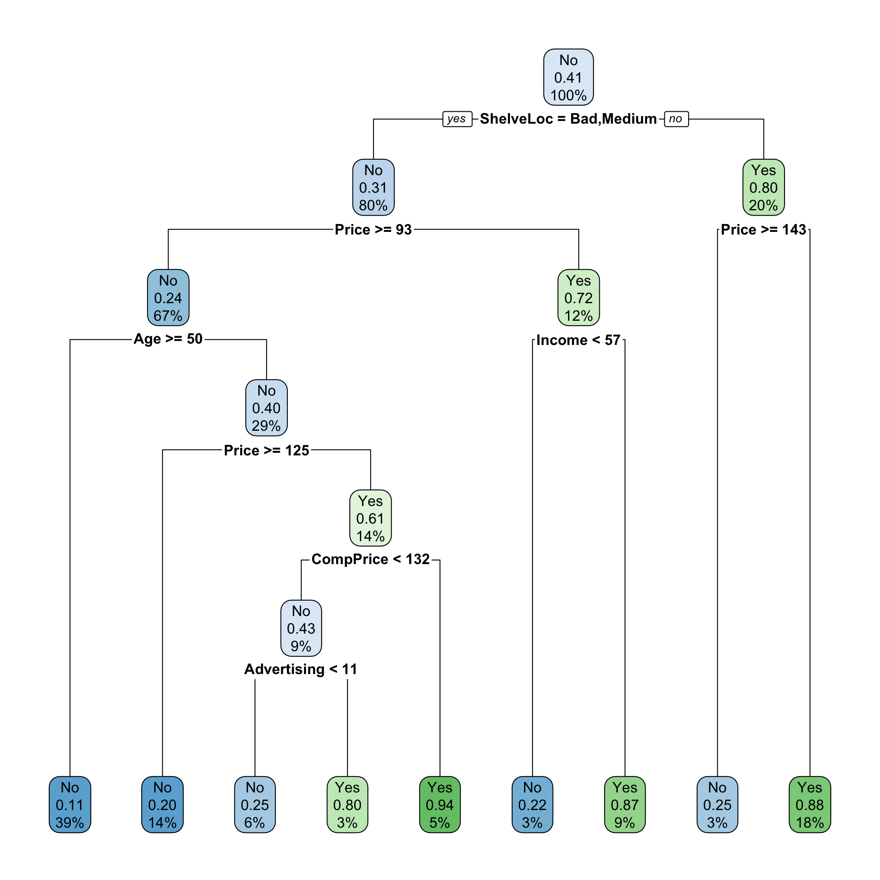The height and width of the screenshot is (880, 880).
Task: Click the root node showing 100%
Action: coord(568,77)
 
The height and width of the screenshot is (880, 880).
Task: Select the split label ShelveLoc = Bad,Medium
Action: coord(568,119)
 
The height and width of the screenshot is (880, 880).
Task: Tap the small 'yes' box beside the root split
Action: coord(457,119)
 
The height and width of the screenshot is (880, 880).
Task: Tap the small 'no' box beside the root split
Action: coord(676,119)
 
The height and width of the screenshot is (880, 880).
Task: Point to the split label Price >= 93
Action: coord(373,230)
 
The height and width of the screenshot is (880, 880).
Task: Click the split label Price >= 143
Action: coord(763,230)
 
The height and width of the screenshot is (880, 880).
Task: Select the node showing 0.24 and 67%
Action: coord(168,297)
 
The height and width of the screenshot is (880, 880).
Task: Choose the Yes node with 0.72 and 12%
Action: coord(579,297)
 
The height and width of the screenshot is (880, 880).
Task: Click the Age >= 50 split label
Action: coord(168,339)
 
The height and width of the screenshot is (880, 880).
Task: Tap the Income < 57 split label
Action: coord(579,340)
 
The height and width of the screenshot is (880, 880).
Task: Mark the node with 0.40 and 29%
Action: coord(267,408)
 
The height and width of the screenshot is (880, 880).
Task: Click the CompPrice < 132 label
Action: coord(370,559)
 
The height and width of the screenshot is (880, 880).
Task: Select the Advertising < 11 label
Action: coord(301,669)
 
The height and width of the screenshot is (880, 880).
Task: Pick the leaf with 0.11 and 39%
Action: coord(70,805)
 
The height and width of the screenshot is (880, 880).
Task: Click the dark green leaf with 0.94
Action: coord(440,805)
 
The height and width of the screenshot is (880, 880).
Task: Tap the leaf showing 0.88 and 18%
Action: coord(810,805)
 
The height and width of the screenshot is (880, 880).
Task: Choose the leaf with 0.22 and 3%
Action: coord(532,805)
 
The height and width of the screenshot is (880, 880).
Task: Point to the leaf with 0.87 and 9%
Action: coord(624,805)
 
